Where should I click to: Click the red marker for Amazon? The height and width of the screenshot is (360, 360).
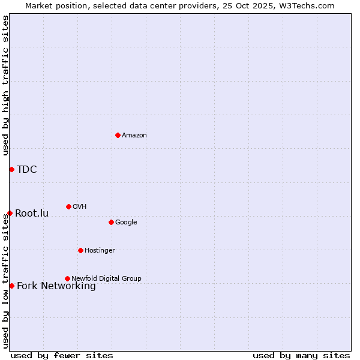(118, 135)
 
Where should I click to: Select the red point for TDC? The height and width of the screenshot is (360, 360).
(11, 169)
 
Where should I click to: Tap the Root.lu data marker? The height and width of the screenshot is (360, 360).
(10, 213)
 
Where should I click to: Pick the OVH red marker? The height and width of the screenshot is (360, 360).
(68, 206)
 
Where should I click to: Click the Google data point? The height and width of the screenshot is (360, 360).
(111, 222)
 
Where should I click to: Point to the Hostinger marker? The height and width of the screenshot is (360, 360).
(80, 250)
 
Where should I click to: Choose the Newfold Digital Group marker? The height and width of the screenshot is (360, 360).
(67, 278)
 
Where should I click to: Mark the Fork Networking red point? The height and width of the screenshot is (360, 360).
(11, 286)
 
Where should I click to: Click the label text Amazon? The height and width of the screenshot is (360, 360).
(134, 136)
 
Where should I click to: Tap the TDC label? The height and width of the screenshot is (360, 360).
(27, 170)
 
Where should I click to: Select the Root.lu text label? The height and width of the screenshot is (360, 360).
(32, 214)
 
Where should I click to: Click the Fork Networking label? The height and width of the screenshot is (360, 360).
(56, 286)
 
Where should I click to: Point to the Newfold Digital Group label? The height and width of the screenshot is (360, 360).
(106, 278)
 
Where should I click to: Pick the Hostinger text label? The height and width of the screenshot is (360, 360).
(100, 251)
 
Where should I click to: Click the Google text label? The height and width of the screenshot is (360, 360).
(126, 223)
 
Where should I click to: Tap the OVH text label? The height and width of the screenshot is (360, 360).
(79, 207)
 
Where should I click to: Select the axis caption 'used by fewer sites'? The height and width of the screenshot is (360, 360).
(62, 355)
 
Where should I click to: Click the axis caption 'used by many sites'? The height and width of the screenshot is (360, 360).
(301, 355)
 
